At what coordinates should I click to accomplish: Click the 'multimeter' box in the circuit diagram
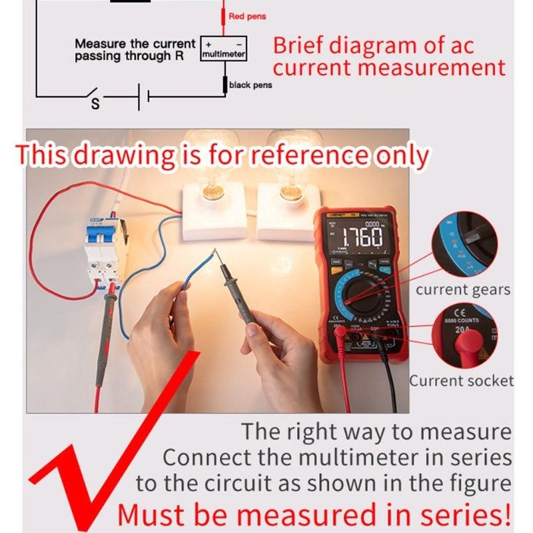(223, 49)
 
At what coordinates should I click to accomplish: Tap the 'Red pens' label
(247, 16)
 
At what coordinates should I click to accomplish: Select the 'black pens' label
(250, 85)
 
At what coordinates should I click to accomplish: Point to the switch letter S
(95, 105)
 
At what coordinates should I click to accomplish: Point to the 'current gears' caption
(462, 290)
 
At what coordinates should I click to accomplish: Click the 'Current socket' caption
(461, 381)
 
